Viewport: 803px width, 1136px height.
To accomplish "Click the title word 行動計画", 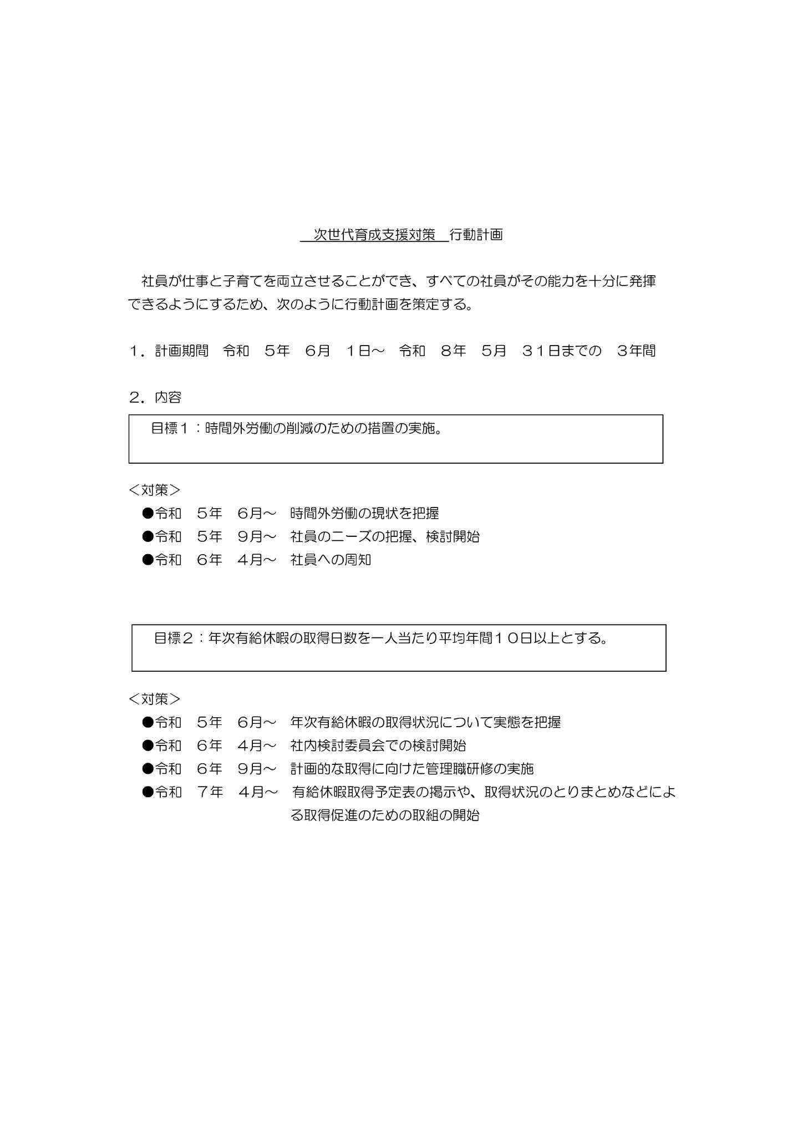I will tap(476, 235).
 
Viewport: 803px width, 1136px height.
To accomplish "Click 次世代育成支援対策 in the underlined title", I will tap(375, 235).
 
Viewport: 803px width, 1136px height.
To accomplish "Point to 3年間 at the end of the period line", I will tap(636, 351).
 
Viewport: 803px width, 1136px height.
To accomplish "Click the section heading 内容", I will tap(168, 397).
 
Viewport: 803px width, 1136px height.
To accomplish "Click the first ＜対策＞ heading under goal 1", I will tap(155, 490).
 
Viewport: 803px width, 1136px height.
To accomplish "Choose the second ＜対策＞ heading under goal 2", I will tap(155, 699).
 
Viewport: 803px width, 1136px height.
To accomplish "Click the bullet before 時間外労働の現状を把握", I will tap(148, 513).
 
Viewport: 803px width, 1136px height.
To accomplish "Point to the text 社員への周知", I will tap(331, 560).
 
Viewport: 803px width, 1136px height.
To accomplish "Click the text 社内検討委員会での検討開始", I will tap(378, 745).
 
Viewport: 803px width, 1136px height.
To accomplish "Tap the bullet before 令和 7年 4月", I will tap(148, 792).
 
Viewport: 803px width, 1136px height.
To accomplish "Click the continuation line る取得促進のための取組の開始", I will tap(385, 815).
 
